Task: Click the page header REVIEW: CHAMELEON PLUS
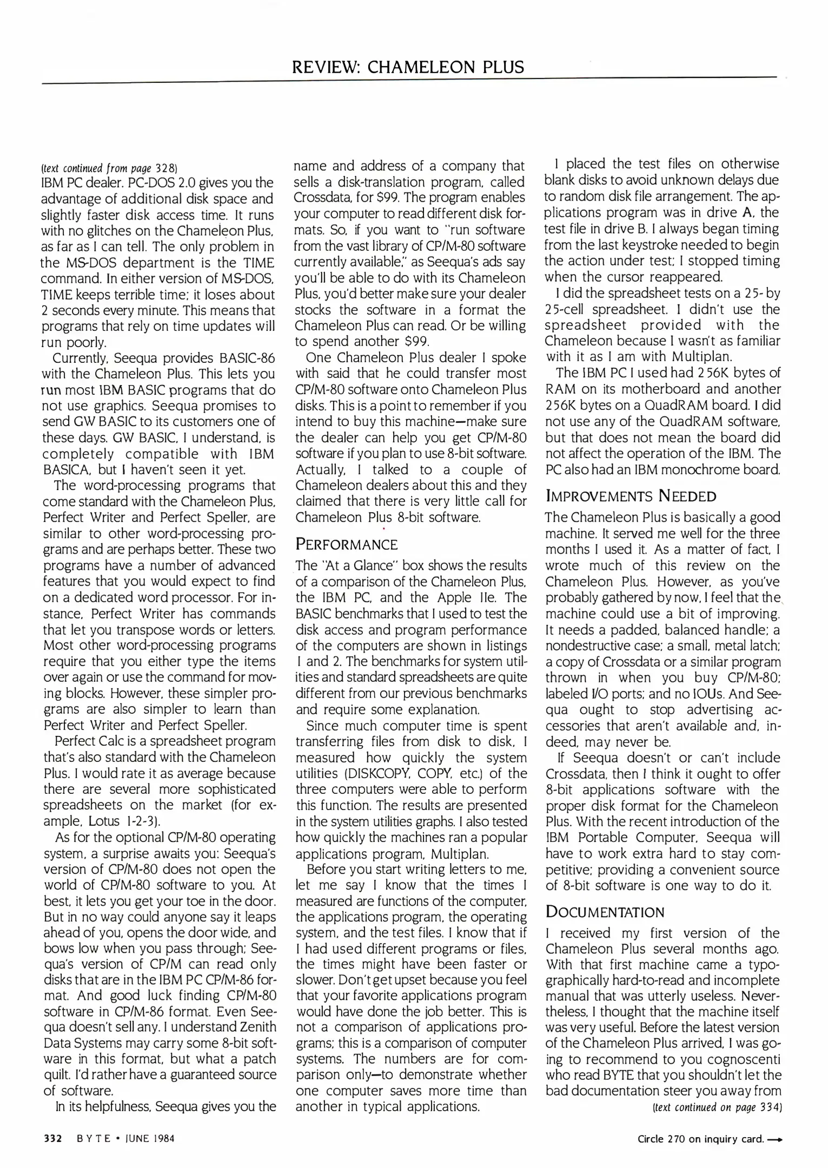(408, 67)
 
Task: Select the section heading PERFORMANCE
(346, 544)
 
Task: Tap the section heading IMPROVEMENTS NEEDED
(631, 496)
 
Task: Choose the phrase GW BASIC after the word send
(128, 421)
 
